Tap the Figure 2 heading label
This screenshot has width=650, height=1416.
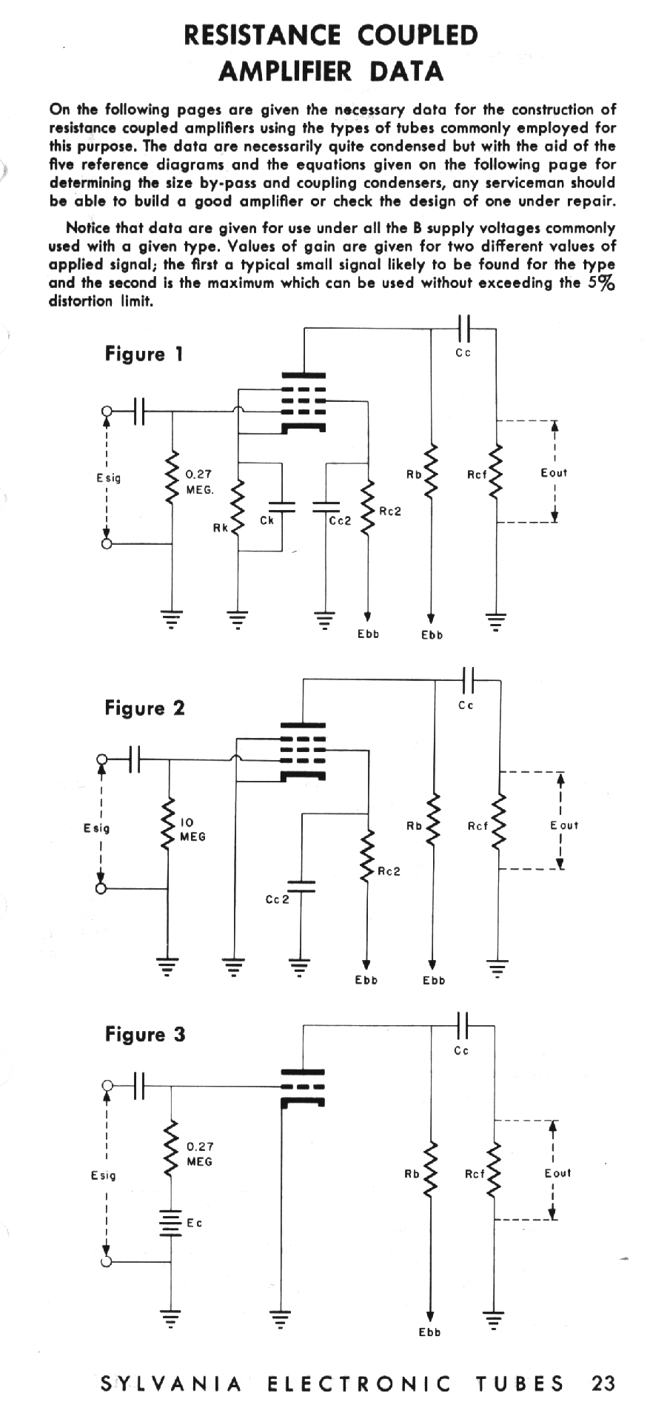click(x=144, y=708)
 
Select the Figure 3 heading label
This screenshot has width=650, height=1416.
click(x=144, y=1034)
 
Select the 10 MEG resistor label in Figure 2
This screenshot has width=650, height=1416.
click(x=192, y=829)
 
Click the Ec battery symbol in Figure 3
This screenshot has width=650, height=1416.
click(x=171, y=1224)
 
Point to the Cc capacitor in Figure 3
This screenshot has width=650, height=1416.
click(x=463, y=1026)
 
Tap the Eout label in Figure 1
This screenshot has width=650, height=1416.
click(x=554, y=473)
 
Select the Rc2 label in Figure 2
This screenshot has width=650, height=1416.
click(x=389, y=871)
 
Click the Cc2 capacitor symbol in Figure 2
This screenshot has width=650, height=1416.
click(x=301, y=886)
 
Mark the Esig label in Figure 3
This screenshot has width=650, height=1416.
click(x=104, y=1175)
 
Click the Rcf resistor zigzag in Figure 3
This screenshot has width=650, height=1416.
click(x=495, y=1171)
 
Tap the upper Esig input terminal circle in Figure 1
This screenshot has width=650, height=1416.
click(x=107, y=411)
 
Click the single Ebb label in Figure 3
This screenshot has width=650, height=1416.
click(x=429, y=1332)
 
